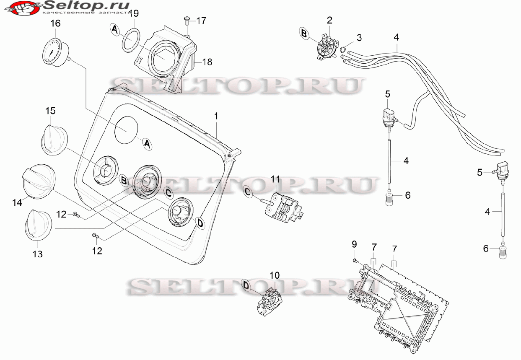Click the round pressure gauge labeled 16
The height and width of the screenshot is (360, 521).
tap(56, 51)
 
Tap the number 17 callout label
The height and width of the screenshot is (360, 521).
tap(201, 21)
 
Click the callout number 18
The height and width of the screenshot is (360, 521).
tap(207, 62)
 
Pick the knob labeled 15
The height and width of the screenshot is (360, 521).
tap(54, 140)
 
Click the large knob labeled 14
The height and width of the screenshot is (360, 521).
tap(39, 181)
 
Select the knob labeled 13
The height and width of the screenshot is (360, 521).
tap(38, 224)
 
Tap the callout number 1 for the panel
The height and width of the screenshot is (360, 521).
tap(216, 116)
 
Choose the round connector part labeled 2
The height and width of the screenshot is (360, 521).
tap(328, 48)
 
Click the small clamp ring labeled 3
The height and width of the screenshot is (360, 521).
tap(342, 49)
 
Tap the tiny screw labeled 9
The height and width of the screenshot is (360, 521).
tap(355, 261)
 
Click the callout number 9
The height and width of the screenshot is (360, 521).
tap(354, 244)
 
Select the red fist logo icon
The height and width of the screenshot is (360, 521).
tap(23, 9)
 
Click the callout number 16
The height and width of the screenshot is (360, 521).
tap(56, 23)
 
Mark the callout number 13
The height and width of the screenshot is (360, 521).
tap(38, 254)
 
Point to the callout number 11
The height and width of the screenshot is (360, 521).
tap(275, 179)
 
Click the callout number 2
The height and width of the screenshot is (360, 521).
tap(329, 20)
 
